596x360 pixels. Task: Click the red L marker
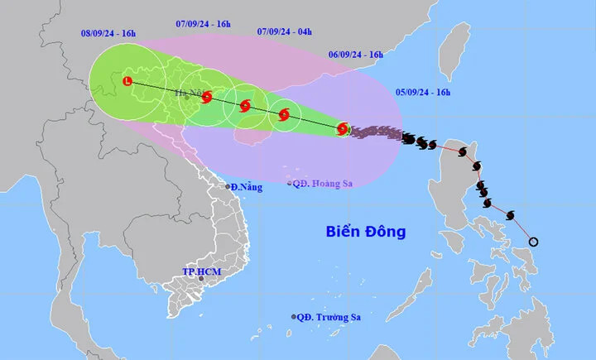127,81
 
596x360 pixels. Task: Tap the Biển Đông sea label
365,232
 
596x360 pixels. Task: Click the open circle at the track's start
534,242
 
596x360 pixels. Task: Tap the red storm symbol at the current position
344,129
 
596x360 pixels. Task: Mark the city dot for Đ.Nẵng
228,187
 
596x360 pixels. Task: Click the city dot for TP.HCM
201,279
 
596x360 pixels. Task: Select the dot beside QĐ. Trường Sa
294,317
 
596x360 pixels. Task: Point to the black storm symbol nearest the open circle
509,216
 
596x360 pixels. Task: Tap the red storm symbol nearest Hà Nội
206,98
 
